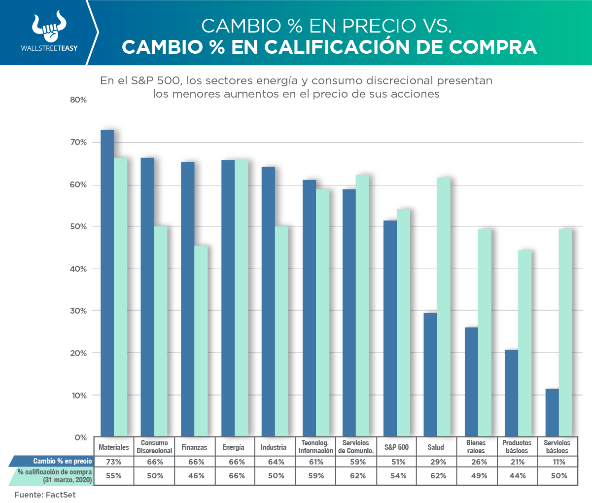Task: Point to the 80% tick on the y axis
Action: (x=79, y=100)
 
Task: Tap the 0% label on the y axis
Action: (x=81, y=437)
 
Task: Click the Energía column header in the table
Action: (x=233, y=447)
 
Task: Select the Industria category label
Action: (x=274, y=447)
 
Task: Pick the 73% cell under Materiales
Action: (x=113, y=462)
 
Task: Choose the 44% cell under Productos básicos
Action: (x=517, y=476)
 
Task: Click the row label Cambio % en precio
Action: (x=62, y=462)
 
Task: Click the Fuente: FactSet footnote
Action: (x=45, y=495)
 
